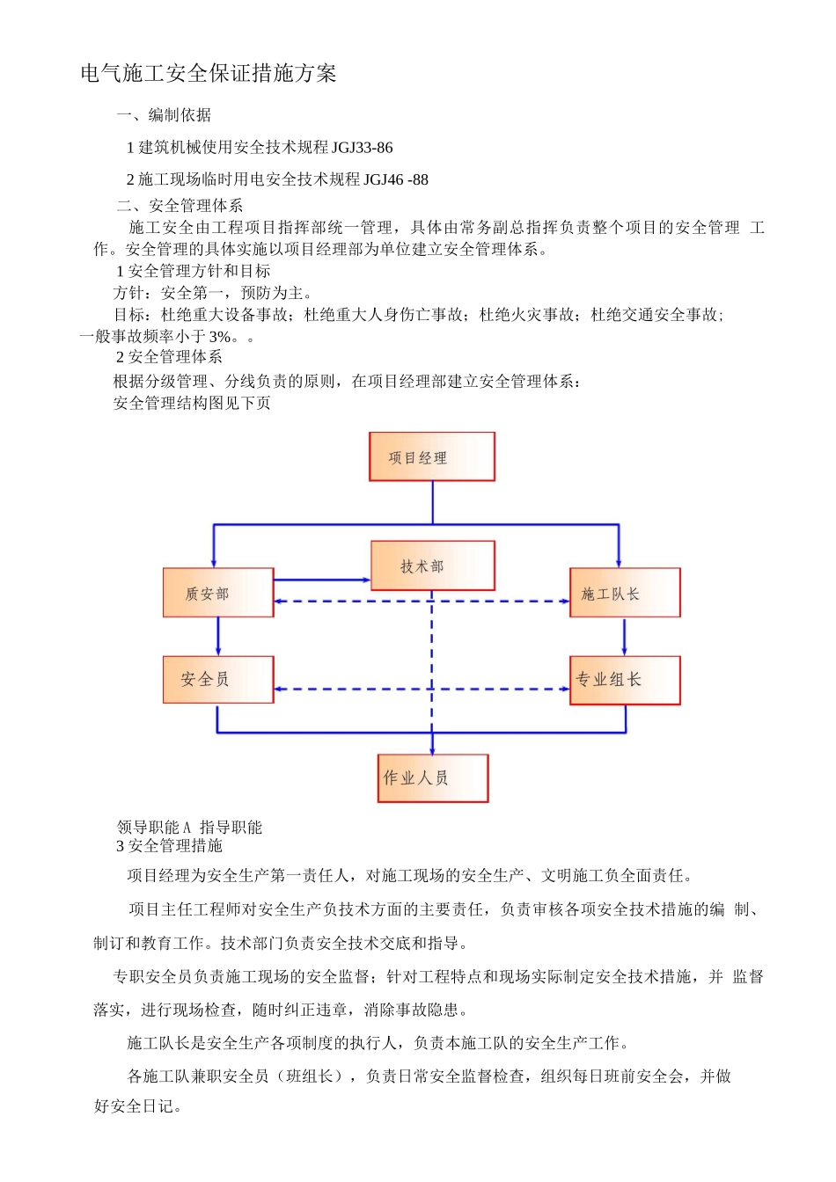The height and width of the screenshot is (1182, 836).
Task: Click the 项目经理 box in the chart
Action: (431, 456)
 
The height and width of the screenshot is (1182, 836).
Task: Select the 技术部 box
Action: (432, 565)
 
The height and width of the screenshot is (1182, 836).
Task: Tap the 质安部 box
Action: (217, 593)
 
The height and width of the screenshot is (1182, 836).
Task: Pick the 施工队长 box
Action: (624, 593)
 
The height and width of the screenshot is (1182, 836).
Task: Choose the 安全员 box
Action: (217, 679)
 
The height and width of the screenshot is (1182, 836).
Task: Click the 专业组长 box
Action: (624, 680)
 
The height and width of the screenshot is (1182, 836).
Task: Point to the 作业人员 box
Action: (432, 777)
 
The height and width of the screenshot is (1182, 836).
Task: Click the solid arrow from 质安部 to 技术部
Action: (321, 580)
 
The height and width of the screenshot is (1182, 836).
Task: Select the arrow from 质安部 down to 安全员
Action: (218, 636)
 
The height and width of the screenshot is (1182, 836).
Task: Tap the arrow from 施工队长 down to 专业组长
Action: (625, 636)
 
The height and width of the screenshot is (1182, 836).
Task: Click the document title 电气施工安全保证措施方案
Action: (209, 74)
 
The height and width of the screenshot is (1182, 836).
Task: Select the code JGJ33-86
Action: (363, 148)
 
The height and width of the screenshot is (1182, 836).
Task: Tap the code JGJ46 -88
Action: (395, 180)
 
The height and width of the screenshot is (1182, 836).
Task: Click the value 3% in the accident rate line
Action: (220, 337)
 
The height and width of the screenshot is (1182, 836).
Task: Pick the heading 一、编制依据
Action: (164, 115)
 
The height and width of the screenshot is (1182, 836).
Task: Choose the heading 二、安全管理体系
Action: (180, 206)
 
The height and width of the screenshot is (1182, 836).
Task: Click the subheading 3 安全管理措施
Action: (169, 846)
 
